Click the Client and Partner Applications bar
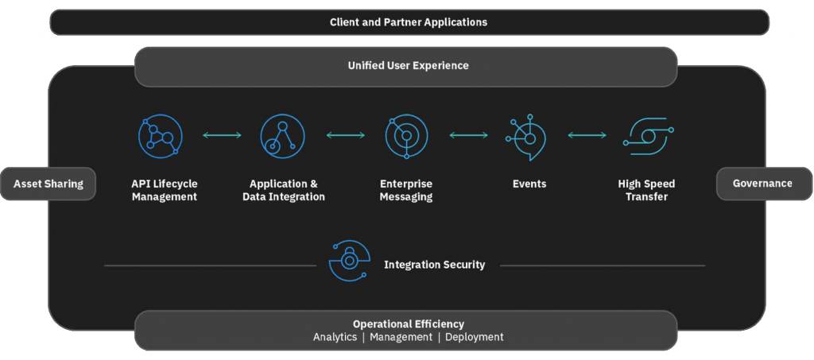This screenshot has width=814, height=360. tap(409, 22)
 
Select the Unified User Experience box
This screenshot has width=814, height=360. tap(407, 66)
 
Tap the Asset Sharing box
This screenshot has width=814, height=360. tap(48, 184)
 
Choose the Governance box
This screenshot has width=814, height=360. tap(762, 184)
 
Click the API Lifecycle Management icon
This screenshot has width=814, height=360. tap(160, 136)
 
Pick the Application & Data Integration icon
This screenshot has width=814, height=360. tap(282, 136)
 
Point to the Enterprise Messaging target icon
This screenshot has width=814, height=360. tap(406, 136)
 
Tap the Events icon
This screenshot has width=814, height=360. tap(527, 137)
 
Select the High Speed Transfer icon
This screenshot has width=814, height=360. tap(648, 136)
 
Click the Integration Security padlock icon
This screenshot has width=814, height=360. tap(350, 261)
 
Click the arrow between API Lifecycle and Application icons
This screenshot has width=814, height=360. tap(222, 136)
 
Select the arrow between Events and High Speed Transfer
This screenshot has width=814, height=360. tap(587, 136)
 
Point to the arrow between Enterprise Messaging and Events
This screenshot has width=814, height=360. tap(469, 136)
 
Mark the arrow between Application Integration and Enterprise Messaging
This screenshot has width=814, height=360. tap(345, 136)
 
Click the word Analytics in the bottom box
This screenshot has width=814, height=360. tap(335, 337)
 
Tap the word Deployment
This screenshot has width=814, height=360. tap(474, 337)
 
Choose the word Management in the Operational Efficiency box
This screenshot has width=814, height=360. tap(401, 337)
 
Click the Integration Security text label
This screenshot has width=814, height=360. tap(434, 265)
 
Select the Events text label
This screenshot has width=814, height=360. tap(529, 184)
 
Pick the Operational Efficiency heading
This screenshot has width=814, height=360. tap(409, 323)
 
